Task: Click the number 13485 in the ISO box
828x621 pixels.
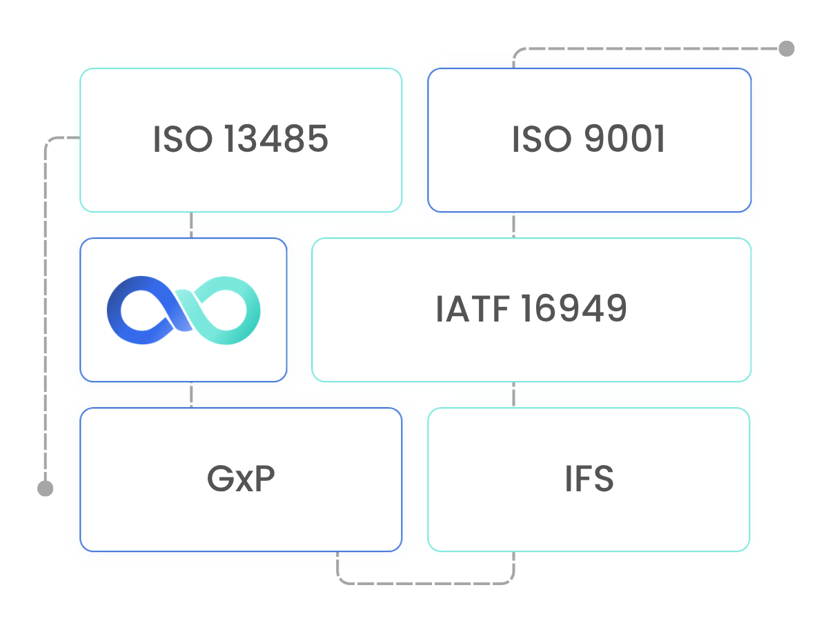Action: [277, 139]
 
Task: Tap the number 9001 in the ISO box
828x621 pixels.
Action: [624, 139]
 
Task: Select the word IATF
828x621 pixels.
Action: [472, 309]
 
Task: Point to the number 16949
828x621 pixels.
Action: [574, 309]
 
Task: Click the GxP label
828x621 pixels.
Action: [241, 479]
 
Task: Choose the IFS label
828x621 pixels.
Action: [589, 479]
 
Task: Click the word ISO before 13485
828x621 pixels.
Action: [183, 139]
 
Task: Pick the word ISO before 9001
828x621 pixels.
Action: [542, 139]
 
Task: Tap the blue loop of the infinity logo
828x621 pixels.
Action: [114, 310]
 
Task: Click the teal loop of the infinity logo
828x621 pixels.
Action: [253, 310]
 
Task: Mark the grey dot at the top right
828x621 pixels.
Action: [787, 48]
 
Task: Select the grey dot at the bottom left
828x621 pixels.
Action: [46, 489]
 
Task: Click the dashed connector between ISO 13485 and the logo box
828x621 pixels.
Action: [191, 225]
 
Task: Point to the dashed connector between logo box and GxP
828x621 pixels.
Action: [191, 395]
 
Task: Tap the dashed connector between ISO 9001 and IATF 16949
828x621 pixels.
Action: [514, 225]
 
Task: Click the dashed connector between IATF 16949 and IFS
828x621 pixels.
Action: [514, 395]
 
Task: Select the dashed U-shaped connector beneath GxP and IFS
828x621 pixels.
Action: [426, 584]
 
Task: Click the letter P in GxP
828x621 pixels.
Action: [264, 479]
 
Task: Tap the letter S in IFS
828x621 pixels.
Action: [603, 479]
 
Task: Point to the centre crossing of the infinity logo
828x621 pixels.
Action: [184, 310]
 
